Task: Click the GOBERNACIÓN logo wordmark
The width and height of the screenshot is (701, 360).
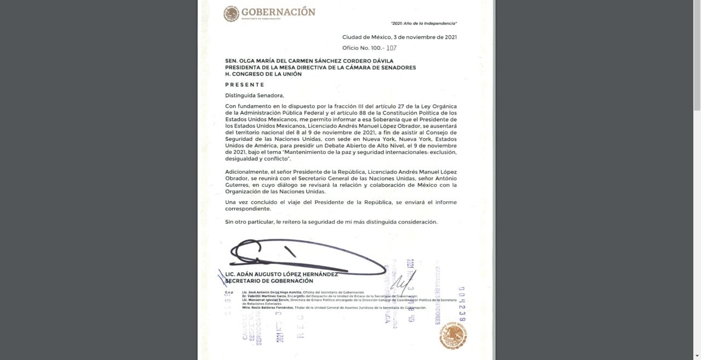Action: click(x=278, y=12)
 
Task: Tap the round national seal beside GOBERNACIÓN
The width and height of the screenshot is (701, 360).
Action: click(x=231, y=14)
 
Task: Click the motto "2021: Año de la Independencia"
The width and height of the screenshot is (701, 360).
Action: click(x=424, y=24)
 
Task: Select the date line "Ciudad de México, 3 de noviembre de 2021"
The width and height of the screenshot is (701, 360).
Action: click(x=399, y=37)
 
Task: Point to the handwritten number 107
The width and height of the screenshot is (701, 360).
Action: click(x=391, y=48)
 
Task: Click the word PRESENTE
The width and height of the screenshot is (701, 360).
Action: click(x=245, y=85)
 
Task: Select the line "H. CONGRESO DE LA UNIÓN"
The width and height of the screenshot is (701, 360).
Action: click(x=263, y=74)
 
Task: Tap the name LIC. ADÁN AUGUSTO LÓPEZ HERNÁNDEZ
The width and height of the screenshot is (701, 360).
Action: click(x=281, y=275)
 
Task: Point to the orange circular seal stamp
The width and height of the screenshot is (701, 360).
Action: click(x=453, y=335)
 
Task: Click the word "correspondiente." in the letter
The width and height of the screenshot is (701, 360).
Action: click(x=248, y=209)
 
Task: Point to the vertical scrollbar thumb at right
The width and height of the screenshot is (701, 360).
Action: click(x=697, y=55)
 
